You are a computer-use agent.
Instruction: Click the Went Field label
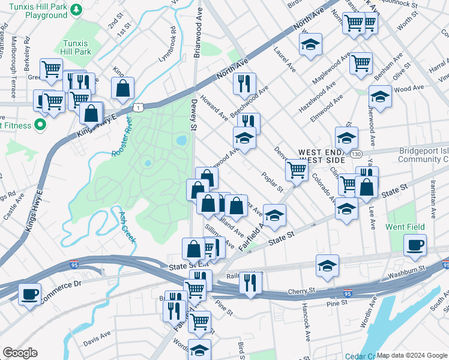(x=405, y=227)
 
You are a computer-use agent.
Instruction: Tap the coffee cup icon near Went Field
(x=414, y=244)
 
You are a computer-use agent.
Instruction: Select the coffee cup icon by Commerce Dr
(x=29, y=293)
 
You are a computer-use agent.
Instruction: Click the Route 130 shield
(x=357, y=154)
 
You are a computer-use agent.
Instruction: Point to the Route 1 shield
(x=139, y=107)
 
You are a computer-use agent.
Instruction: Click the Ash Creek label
(x=127, y=227)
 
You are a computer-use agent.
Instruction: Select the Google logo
(x=20, y=353)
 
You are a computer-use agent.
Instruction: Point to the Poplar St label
(x=272, y=181)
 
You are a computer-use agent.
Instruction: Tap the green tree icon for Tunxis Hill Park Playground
(x=76, y=10)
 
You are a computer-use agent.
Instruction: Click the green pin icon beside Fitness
(x=40, y=125)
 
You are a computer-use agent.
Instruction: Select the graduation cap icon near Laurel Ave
(x=310, y=44)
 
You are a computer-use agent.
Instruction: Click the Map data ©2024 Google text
(x=412, y=355)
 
